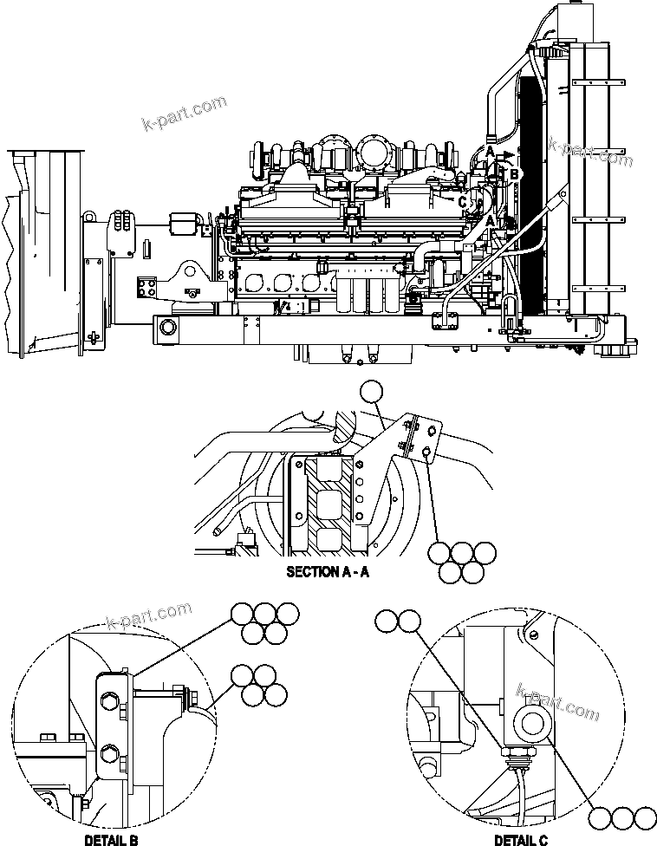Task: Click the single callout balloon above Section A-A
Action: pos(372,393)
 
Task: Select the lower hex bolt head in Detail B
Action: pos(108,752)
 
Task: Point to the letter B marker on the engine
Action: pos(515,174)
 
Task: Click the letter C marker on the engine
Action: pos(463,202)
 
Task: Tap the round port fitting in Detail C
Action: pos(530,721)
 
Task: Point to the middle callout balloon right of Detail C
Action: pos(622,818)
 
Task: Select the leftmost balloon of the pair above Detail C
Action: pos(387,620)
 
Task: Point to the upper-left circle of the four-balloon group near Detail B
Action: pos(243,674)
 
